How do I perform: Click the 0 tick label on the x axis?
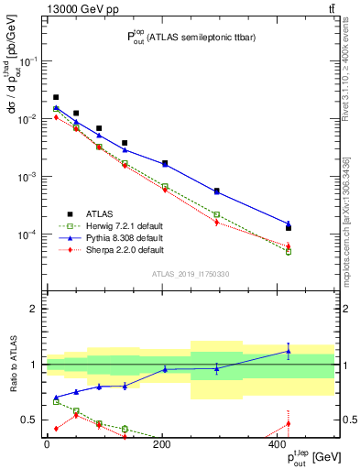[47, 443]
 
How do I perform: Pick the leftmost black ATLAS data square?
[56, 97]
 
